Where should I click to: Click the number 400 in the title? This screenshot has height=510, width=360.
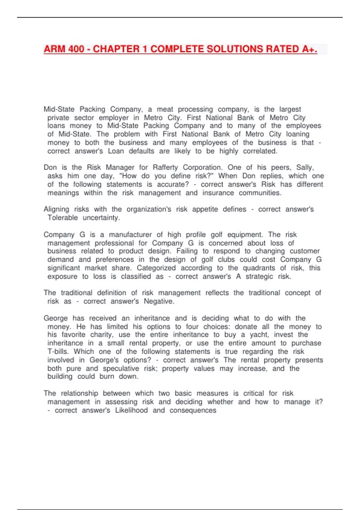pyautogui.click(x=76, y=49)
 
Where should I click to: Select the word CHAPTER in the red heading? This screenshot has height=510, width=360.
pyautogui.click(x=116, y=49)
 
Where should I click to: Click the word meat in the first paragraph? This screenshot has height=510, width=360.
pyautogui.click(x=165, y=109)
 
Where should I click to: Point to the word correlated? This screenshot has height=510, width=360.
pyautogui.click(x=260, y=151)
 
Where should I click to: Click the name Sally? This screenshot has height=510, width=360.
pyautogui.click(x=305, y=167)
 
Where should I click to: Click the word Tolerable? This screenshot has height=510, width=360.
pyautogui.click(x=63, y=218)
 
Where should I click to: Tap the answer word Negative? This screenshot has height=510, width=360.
pyautogui.click(x=159, y=301)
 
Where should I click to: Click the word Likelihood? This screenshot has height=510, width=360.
pyautogui.click(x=131, y=410)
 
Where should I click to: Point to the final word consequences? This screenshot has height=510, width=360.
pyautogui.click(x=193, y=410)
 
